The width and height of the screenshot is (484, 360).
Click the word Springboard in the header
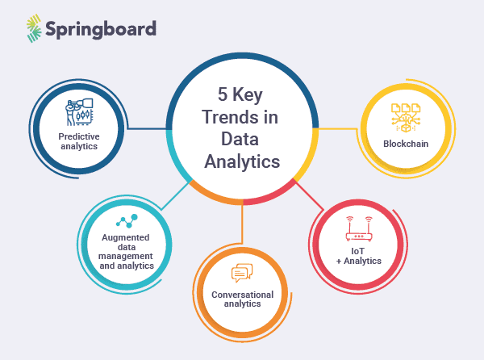(101, 29)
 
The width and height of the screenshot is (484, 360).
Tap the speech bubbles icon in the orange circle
(243, 274)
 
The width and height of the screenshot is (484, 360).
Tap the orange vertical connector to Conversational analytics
(242, 221)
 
